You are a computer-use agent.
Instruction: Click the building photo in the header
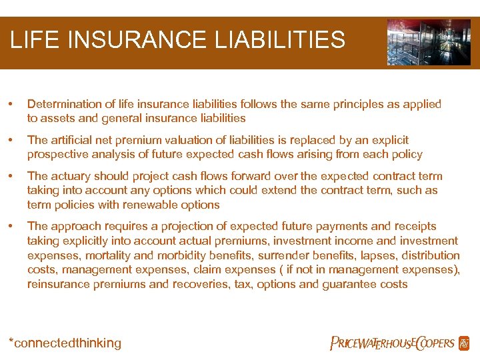(428, 42)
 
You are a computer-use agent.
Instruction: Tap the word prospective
(59, 155)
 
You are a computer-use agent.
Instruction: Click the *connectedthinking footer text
(65, 343)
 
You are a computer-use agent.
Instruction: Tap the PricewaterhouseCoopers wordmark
(393, 343)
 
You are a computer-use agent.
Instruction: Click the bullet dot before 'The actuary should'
(11, 176)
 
